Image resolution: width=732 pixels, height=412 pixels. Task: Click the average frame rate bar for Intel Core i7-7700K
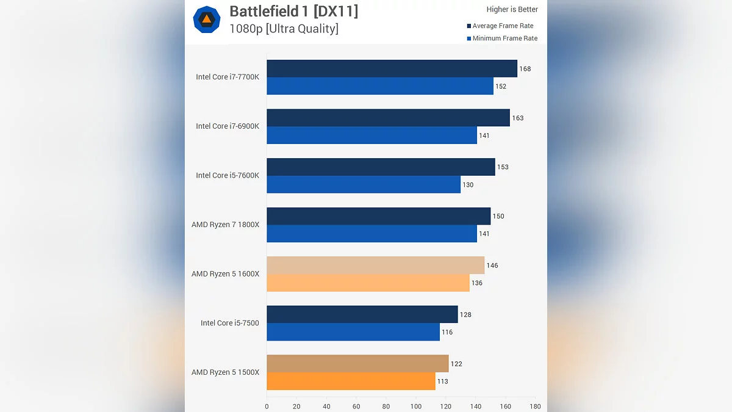pyautogui.click(x=392, y=68)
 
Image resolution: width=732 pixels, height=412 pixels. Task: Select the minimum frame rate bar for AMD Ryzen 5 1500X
pyautogui.click(x=351, y=381)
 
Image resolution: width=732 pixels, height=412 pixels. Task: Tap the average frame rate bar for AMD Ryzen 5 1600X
pyautogui.click(x=375, y=265)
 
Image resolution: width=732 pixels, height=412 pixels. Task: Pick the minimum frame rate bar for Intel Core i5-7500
pyautogui.click(x=353, y=332)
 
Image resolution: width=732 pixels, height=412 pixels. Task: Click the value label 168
pyautogui.click(x=525, y=69)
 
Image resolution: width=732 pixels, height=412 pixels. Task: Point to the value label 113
pyautogui.click(x=442, y=381)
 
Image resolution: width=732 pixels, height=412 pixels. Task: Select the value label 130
pyautogui.click(x=467, y=185)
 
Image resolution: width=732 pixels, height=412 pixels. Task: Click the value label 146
pyautogui.click(x=492, y=266)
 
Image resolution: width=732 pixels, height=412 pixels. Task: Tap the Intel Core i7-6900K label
pyautogui.click(x=228, y=126)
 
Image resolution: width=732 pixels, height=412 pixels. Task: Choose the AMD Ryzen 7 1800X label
pyautogui.click(x=225, y=225)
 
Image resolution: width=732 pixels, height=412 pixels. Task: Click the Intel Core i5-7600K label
pyautogui.click(x=228, y=175)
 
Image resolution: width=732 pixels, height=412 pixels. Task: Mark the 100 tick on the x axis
pyautogui.click(x=416, y=406)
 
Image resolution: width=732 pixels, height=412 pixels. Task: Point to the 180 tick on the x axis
pyautogui.click(x=535, y=406)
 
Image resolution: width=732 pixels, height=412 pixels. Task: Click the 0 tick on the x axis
pyautogui.click(x=267, y=406)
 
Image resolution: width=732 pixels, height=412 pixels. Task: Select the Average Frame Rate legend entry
pyautogui.click(x=503, y=26)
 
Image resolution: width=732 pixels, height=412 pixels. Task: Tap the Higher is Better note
pyautogui.click(x=512, y=9)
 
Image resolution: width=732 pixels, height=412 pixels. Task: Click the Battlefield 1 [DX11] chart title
pyautogui.click(x=293, y=11)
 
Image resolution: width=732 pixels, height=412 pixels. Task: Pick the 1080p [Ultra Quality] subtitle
pyautogui.click(x=284, y=28)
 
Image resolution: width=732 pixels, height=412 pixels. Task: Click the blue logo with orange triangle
pyautogui.click(x=207, y=20)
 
